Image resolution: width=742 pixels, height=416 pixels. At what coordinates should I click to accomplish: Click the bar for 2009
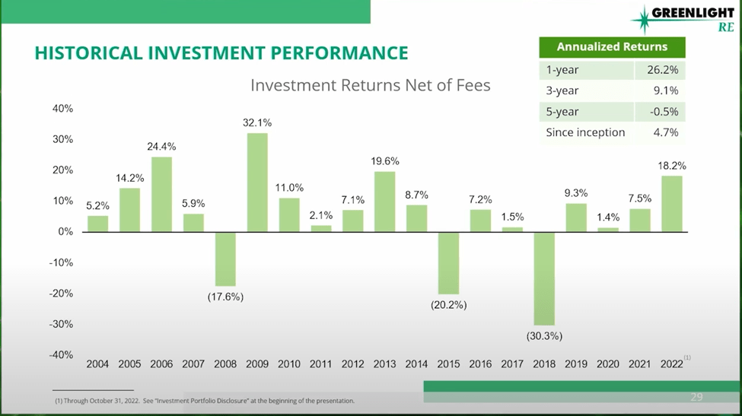[x=257, y=183]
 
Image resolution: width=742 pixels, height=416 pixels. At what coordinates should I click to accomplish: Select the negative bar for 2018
[x=544, y=278]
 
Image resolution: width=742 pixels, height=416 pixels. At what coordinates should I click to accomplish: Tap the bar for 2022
[x=672, y=204]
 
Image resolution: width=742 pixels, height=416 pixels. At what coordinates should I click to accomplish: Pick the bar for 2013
[x=385, y=202]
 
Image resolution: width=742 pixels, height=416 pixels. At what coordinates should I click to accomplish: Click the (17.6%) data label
[x=225, y=297]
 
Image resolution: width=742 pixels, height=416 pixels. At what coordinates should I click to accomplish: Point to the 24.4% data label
[x=161, y=146]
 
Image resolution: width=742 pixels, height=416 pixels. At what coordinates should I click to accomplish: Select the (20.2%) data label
[x=448, y=305]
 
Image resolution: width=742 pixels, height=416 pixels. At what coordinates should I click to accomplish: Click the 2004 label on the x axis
[x=97, y=364]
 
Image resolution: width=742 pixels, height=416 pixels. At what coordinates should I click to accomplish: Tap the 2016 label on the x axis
[x=480, y=364]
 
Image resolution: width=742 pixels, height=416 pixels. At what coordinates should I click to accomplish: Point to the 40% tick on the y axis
[x=62, y=109]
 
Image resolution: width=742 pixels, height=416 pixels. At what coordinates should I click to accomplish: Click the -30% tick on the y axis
[x=62, y=324]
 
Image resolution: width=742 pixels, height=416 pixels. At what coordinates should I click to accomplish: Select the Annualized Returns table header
[x=612, y=47]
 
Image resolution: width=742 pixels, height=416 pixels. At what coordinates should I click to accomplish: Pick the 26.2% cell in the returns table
[x=660, y=70]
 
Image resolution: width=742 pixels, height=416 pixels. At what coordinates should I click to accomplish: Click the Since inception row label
[x=585, y=132]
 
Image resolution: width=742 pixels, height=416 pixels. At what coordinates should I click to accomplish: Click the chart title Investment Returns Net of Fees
[x=371, y=85]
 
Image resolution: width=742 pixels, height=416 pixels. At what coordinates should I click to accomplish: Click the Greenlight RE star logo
[x=642, y=18]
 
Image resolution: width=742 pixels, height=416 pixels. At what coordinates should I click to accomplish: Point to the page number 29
[x=696, y=397]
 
